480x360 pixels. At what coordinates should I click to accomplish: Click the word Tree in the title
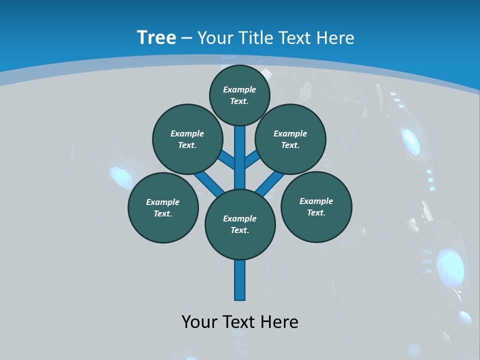tap(156, 37)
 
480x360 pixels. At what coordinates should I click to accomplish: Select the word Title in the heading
tap(255, 38)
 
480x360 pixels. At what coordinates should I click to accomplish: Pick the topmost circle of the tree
tap(239, 95)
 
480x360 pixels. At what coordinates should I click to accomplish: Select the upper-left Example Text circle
tap(187, 139)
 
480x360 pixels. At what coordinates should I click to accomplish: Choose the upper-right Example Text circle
tap(290, 139)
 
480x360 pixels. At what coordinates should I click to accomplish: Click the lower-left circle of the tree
tap(163, 207)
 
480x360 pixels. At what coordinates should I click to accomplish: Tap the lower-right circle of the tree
tap(316, 206)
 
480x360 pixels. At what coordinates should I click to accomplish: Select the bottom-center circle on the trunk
tap(240, 224)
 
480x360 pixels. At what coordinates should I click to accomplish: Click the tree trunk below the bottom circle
tap(240, 280)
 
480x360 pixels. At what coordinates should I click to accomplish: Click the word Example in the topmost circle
tap(239, 89)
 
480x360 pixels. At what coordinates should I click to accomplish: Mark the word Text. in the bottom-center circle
tap(240, 230)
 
